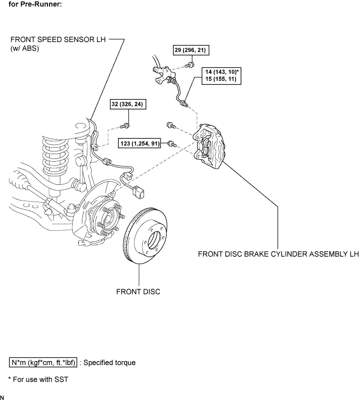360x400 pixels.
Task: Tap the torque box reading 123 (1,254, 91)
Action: click(140, 143)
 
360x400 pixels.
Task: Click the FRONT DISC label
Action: click(138, 292)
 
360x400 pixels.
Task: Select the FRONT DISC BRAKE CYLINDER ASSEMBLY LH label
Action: click(279, 254)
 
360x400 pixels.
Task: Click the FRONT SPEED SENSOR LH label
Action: click(58, 39)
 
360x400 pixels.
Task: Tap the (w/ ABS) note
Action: click(25, 48)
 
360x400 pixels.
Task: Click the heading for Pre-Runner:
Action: click(35, 4)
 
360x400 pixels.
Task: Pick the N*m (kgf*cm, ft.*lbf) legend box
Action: click(43, 362)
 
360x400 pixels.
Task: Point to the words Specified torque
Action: click(109, 362)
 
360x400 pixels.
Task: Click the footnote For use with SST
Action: click(40, 380)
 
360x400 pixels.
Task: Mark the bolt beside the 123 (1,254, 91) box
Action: click(172, 144)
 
